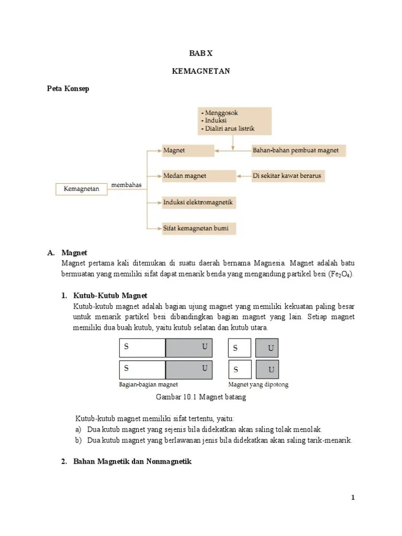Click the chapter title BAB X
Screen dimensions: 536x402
point(201,53)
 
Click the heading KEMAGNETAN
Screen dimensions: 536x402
point(201,71)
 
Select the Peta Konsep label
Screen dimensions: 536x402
point(68,88)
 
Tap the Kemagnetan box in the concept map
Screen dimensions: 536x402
point(81,189)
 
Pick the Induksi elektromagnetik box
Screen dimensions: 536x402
point(198,202)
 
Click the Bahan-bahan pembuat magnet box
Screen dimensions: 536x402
point(296,150)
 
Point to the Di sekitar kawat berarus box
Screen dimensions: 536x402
point(287,176)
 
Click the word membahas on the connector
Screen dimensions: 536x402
point(126,185)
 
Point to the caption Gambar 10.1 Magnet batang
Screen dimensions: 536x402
point(201,397)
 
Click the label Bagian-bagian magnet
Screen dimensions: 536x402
point(148,385)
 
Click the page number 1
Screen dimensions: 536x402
point(353,498)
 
